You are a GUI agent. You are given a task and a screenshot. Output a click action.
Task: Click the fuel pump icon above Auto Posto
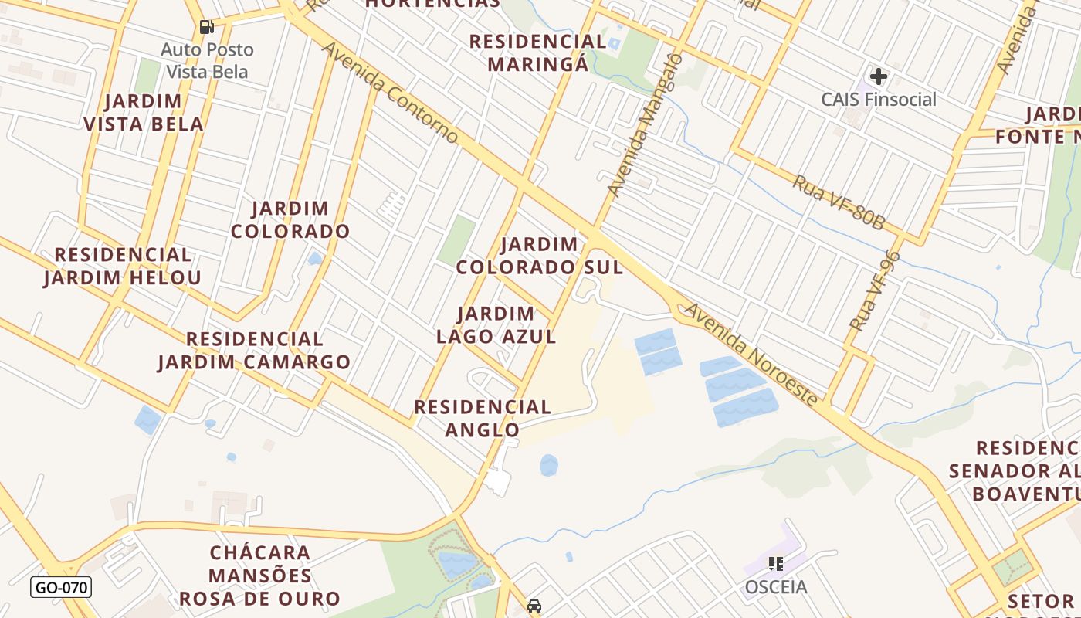pyautogui.click(x=206, y=27)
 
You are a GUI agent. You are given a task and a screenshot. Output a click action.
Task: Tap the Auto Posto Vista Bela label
pyautogui.click(x=207, y=61)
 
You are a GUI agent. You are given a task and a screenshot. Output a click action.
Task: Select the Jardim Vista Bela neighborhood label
pyautogui.click(x=144, y=112)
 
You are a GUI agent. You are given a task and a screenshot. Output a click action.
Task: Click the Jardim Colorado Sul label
pyautogui.click(x=539, y=256)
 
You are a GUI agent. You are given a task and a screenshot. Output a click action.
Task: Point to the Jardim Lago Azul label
pyautogui.click(x=496, y=324)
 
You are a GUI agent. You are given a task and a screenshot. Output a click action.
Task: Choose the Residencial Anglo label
pyautogui.click(x=483, y=418)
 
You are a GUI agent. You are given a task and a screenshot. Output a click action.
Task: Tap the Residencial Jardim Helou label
pyautogui.click(x=123, y=266)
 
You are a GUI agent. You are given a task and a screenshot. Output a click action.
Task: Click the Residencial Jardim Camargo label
pyautogui.click(x=254, y=350)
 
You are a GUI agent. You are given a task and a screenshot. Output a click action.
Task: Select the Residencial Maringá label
pyautogui.click(x=538, y=52)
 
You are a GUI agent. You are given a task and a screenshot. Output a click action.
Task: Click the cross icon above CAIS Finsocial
pyautogui.click(x=878, y=76)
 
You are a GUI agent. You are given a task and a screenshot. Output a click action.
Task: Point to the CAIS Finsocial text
pyautogui.click(x=878, y=100)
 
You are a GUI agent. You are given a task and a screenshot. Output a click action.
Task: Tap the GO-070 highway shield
pyautogui.click(x=61, y=587)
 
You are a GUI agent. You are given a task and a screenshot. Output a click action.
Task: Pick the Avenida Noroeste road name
pyautogui.click(x=750, y=354)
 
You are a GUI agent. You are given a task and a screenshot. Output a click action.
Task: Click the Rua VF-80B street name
pyautogui.click(x=839, y=202)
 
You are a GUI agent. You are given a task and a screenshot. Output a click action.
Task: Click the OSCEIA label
pyautogui.click(x=776, y=587)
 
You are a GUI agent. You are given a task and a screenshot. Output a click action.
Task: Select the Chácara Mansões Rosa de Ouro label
pyautogui.click(x=260, y=576)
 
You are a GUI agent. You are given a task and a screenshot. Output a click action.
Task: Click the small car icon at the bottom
pyautogui.click(x=534, y=606)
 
